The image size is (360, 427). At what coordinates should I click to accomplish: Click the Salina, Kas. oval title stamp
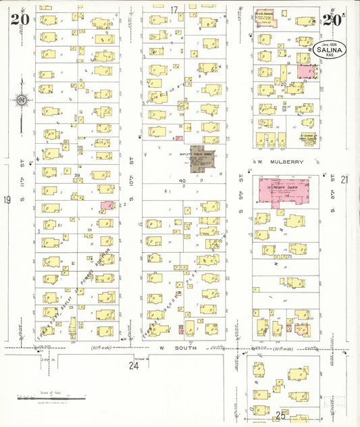coord(329,49)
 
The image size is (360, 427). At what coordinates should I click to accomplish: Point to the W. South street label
coord(163,349)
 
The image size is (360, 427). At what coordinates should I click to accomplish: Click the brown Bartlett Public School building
coord(200,158)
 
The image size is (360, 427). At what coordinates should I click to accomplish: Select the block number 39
coord(77,176)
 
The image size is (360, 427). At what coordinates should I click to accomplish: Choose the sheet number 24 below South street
coord(134,366)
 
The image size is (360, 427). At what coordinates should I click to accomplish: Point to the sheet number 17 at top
coord(174,9)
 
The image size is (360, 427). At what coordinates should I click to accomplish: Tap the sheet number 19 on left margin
coord(7,199)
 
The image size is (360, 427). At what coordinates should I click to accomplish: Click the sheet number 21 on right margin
coord(344,179)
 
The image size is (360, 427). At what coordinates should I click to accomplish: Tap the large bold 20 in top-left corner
coord(19,18)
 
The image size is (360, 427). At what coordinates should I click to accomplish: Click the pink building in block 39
coord(107,205)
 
